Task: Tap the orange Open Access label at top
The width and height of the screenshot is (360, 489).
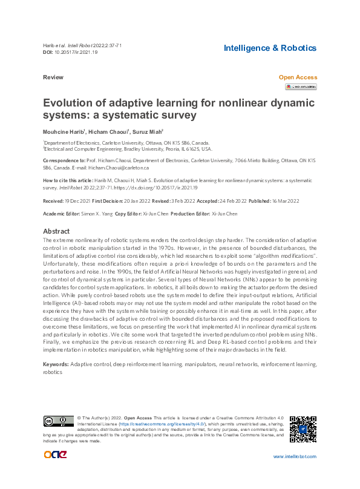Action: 297,77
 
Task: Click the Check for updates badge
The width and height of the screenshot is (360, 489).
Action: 301,87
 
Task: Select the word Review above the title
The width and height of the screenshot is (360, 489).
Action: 53,78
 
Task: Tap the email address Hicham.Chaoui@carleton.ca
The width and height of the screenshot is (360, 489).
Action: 119,168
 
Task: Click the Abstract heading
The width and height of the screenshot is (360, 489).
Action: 56,231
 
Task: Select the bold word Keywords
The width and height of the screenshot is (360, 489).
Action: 56,364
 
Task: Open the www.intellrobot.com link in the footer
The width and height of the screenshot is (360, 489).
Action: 295,456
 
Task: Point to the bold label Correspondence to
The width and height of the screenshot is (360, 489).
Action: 64,161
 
